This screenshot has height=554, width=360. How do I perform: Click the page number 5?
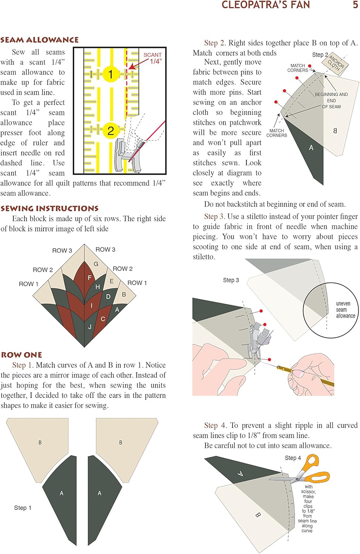point(355,5)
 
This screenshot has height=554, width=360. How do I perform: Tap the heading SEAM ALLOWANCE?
point(40,40)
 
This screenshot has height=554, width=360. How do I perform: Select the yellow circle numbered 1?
point(110,74)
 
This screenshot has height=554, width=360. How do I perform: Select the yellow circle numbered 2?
point(110,130)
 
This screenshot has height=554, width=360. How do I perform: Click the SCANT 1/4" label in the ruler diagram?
point(153,58)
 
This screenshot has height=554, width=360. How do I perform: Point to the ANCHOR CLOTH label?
point(336,63)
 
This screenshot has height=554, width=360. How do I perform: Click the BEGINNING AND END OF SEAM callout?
point(332,100)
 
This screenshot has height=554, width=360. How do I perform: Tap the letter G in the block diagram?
point(96,264)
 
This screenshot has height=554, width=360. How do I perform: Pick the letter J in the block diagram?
point(90,327)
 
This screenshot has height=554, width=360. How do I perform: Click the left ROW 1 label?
point(28,284)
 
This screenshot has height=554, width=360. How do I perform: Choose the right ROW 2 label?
point(123,269)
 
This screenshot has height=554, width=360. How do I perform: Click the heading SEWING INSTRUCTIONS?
point(50,209)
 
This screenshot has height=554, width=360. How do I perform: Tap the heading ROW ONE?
point(21,355)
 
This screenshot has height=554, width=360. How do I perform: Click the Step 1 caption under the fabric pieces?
point(23,508)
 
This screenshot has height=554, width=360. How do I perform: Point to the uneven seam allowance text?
point(345,310)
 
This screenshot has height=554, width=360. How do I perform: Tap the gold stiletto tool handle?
point(310,375)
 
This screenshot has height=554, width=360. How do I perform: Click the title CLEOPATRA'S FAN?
point(266,5)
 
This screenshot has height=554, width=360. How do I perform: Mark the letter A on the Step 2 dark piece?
point(311,148)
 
